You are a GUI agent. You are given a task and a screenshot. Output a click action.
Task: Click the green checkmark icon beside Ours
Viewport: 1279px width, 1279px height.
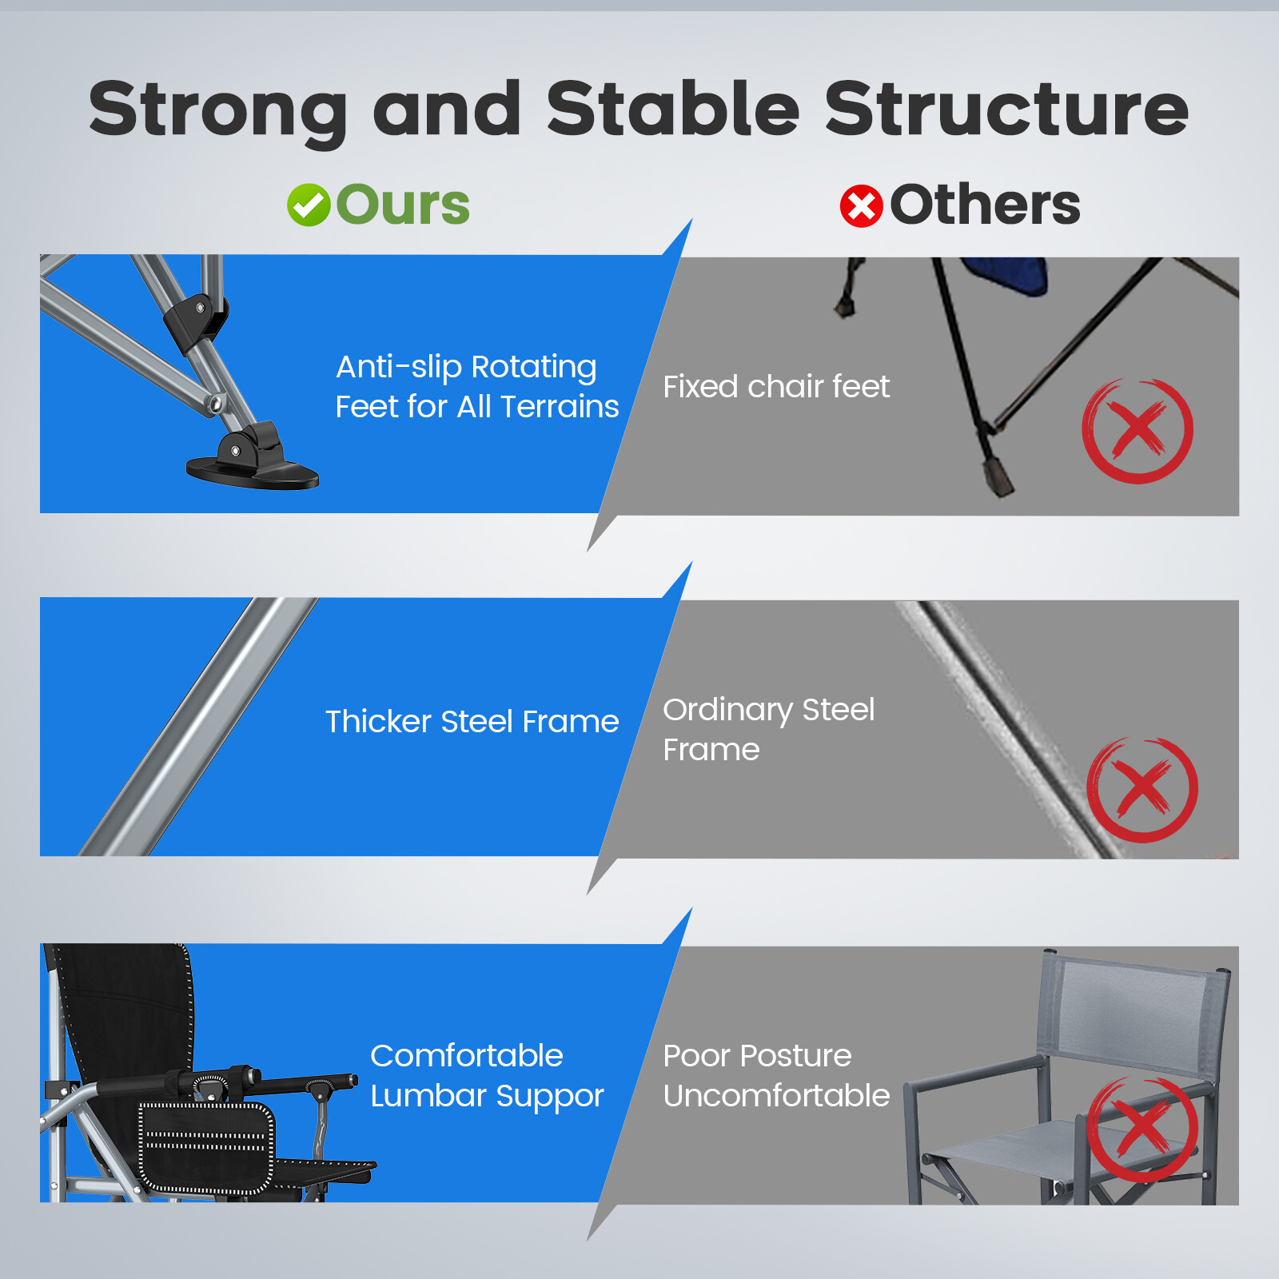(x=309, y=205)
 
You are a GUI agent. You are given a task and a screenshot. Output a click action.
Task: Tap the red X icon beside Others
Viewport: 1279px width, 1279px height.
(x=862, y=206)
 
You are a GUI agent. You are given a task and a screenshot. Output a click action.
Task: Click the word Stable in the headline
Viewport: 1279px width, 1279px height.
(x=673, y=109)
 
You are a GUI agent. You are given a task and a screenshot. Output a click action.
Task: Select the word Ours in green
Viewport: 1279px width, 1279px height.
(x=403, y=205)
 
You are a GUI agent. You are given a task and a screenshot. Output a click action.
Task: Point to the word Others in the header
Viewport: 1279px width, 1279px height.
(x=985, y=205)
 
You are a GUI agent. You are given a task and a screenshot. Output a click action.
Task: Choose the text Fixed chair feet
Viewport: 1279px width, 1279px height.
(x=776, y=387)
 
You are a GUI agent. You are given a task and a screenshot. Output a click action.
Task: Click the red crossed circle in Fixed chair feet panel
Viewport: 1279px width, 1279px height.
(x=1138, y=430)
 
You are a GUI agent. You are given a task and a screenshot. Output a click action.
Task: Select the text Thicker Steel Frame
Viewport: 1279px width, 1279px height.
(x=472, y=721)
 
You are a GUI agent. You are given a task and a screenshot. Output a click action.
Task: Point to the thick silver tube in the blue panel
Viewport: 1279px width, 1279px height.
(x=198, y=727)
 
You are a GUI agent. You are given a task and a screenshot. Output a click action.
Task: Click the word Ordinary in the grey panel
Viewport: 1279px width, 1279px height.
(x=728, y=711)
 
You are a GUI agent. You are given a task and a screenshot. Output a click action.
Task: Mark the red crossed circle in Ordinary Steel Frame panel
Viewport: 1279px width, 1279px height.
(x=1142, y=789)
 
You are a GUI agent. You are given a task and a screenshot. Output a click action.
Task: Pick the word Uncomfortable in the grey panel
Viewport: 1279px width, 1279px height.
(x=776, y=1095)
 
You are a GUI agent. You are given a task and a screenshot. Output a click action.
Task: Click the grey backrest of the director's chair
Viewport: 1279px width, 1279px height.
(x=1134, y=1010)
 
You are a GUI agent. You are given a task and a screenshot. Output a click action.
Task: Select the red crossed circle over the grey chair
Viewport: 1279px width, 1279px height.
(x=1142, y=1130)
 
